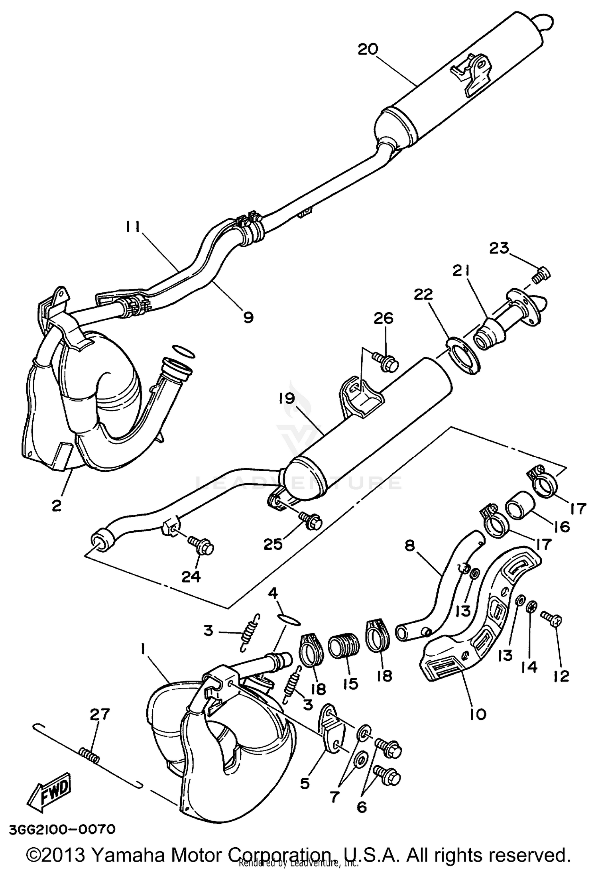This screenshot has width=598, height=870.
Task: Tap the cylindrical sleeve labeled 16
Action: coord(520,506)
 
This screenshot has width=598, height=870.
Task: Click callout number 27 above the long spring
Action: coord(100,714)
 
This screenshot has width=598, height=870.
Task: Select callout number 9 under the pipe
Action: coord(248,318)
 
